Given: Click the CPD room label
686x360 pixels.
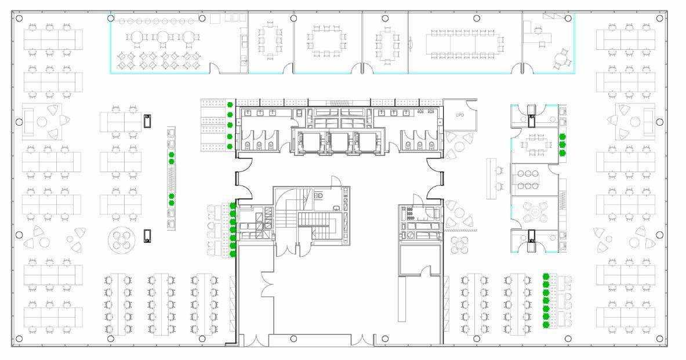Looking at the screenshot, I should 460,114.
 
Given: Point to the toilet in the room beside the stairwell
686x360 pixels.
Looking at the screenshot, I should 318,196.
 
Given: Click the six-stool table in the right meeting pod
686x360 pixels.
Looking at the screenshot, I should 529,179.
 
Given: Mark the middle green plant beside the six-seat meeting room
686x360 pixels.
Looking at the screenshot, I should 561,145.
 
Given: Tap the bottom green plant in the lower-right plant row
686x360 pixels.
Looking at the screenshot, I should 545,325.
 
